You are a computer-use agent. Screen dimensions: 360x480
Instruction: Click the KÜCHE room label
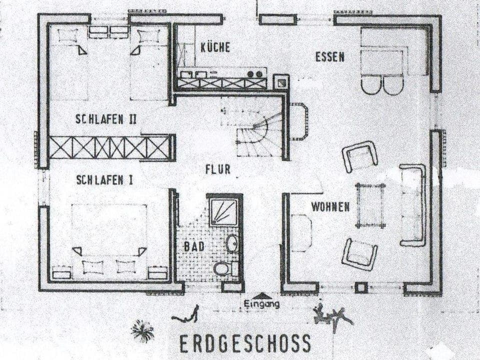tap(215, 47)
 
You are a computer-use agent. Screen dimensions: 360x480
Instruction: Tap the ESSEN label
tap(329, 56)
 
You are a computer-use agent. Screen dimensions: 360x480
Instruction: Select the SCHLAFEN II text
tap(106, 119)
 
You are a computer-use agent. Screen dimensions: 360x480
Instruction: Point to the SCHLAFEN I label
tap(104, 180)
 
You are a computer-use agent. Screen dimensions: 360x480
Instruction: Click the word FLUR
tap(218, 169)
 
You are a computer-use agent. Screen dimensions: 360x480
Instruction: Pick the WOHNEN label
tap(330, 206)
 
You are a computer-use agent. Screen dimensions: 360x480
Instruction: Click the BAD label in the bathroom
tap(194, 246)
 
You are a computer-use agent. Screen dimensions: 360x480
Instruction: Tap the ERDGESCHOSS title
tap(245, 344)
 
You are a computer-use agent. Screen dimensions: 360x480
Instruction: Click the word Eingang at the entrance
tap(261, 304)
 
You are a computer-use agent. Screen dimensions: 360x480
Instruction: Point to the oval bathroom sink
tap(232, 243)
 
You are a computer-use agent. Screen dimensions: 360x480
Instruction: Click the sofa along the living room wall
tap(413, 205)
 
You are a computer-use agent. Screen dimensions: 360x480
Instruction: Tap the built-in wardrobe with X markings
tap(110, 147)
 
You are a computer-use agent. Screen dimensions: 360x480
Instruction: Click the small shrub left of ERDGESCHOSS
tap(142, 330)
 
